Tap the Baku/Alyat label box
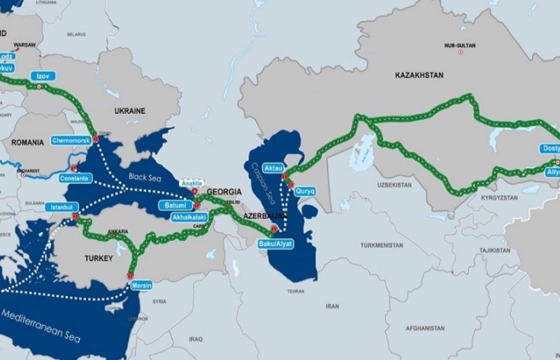click(x=276, y=244)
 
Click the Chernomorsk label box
click(x=71, y=139)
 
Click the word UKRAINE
click(x=130, y=111)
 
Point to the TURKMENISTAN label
click(x=382, y=246)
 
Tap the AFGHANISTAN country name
click(x=424, y=328)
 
